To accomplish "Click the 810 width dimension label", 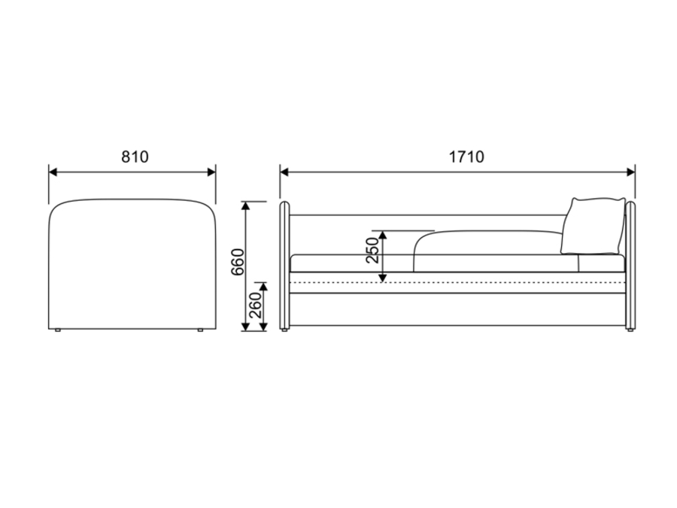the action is (x=135, y=157).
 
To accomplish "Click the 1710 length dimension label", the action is (x=466, y=157).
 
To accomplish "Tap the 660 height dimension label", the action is (x=238, y=262).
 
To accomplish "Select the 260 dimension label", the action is (x=256, y=305).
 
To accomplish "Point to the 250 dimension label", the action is (x=372, y=250).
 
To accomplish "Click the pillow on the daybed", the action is (x=594, y=226).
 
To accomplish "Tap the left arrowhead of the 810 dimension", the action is (x=53, y=172).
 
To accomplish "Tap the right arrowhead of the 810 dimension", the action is (x=211, y=172).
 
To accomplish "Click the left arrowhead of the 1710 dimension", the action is (x=284, y=172).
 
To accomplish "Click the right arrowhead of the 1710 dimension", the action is (x=631, y=172).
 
